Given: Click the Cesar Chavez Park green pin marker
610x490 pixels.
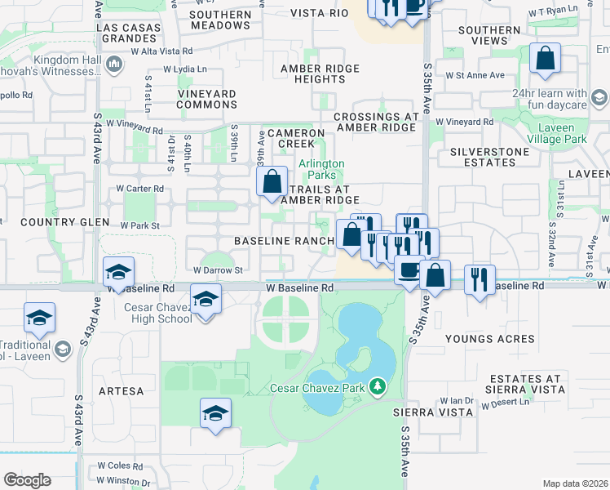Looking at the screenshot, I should coord(377,385).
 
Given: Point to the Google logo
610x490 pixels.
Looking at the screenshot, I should coord(27,480).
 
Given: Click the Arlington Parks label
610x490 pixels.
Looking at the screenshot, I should coord(321,169).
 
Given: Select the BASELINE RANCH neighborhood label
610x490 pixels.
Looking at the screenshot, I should coord(284,241).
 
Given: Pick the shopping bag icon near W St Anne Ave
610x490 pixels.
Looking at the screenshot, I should coord(545,59).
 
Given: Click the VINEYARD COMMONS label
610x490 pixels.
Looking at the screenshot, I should coord(207,100).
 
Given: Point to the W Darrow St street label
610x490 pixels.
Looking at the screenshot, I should coord(218,269).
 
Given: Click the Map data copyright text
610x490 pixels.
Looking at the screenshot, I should coord(575,483).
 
